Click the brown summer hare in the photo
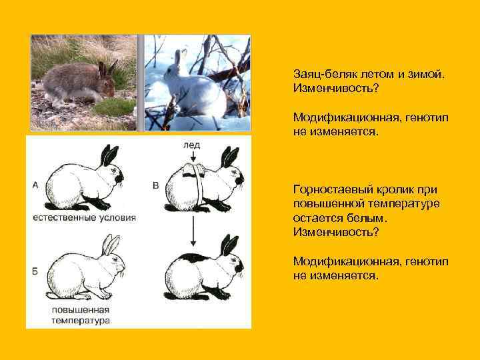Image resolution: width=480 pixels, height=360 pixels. (x=79, y=82)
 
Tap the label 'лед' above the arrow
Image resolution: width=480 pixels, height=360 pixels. (x=191, y=145)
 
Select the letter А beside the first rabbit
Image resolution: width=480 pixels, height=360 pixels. (x=35, y=185)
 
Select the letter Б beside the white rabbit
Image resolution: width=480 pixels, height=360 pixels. (x=35, y=271)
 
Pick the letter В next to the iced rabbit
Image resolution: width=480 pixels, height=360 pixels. (x=155, y=185)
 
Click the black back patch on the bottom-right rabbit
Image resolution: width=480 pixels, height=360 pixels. (x=193, y=257)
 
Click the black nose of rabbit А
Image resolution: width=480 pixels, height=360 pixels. (x=120, y=179)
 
